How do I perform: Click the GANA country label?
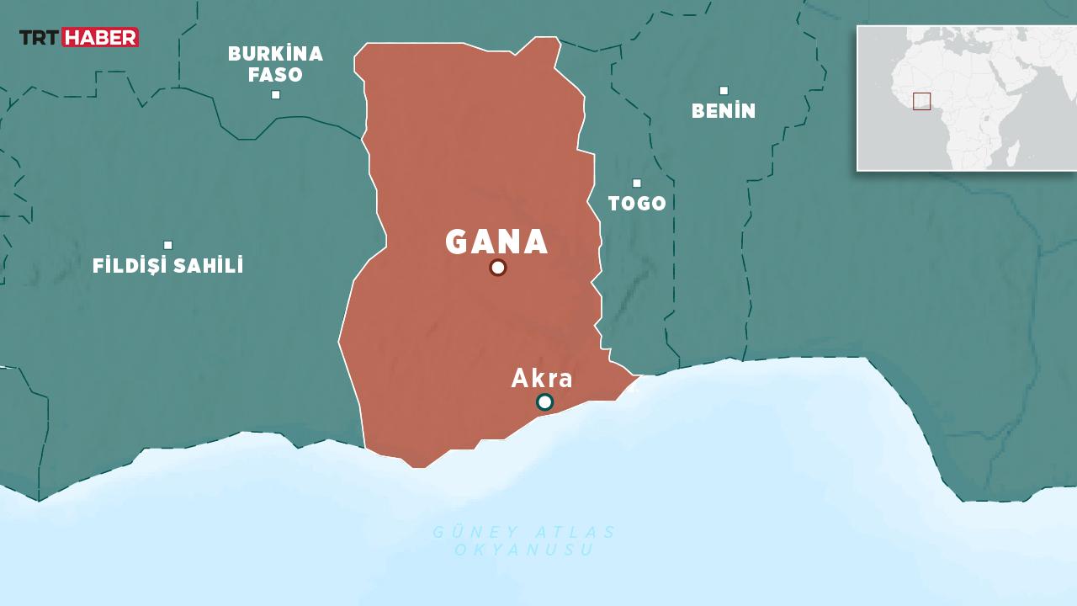(496, 242)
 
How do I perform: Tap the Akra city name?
(542, 379)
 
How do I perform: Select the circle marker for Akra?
(544, 402)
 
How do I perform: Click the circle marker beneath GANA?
(497, 268)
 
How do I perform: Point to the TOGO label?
(637, 204)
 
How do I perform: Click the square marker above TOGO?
(637, 183)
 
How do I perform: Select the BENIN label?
(724, 111)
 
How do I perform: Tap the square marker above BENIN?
(724, 90)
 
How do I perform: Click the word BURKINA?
(275, 54)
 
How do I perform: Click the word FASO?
(275, 75)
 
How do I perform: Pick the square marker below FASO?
(275, 94)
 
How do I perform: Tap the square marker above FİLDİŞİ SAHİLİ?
(168, 245)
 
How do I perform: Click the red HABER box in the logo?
(100, 37)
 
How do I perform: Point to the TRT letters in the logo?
(40, 37)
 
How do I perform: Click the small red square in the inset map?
(921, 101)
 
